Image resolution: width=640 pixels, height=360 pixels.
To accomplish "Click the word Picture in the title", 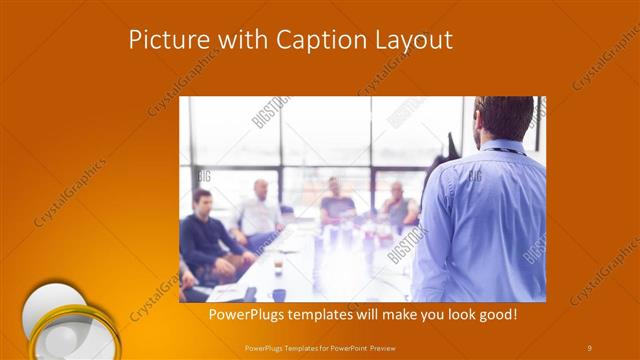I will pos(165,40).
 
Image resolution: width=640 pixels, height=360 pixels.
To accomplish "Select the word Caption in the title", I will pos(317,40).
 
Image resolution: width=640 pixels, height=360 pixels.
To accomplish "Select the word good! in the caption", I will pos(494,315).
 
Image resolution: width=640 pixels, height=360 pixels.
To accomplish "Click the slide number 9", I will pos(589,347).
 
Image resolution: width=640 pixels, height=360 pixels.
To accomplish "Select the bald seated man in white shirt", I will pos(259,210).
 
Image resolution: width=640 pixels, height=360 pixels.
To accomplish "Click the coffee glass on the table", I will pos(278,264).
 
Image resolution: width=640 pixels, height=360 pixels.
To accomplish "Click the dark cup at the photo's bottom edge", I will pos(279,294).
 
